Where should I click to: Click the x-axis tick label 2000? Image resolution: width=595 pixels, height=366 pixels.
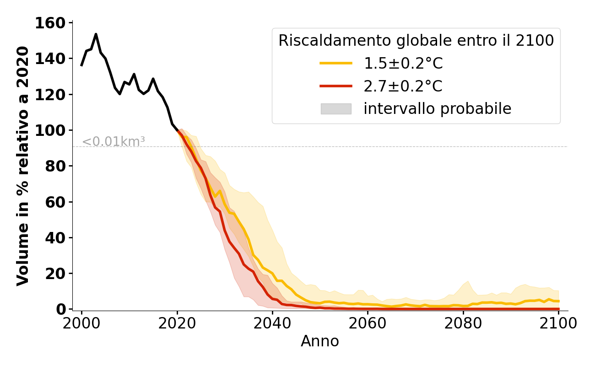[x=81, y=323]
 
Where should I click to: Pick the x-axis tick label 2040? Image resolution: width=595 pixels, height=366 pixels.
[x=272, y=323]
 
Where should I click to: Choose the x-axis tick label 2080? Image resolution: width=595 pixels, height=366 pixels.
[x=463, y=323]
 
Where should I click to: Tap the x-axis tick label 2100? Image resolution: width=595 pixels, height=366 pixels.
[x=558, y=323]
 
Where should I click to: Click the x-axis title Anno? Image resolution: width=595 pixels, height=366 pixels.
[x=320, y=342]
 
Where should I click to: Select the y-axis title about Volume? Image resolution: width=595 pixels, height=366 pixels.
[x=23, y=166]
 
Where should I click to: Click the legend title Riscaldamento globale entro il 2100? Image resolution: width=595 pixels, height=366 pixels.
[x=416, y=41]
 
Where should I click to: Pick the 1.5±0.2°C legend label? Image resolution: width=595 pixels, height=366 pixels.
[x=403, y=64]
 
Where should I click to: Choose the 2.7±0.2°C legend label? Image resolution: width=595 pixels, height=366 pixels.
[x=403, y=86]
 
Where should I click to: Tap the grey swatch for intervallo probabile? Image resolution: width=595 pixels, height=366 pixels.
[x=336, y=109]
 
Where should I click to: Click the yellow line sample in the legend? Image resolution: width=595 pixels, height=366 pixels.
[x=336, y=64]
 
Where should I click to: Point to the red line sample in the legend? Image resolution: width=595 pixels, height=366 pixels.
[x=336, y=86]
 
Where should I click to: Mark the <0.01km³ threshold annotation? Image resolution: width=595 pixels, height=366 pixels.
[x=114, y=142]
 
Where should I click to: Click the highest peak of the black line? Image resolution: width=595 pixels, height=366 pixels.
[x=96, y=34]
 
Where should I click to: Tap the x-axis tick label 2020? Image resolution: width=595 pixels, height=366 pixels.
[x=177, y=323]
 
